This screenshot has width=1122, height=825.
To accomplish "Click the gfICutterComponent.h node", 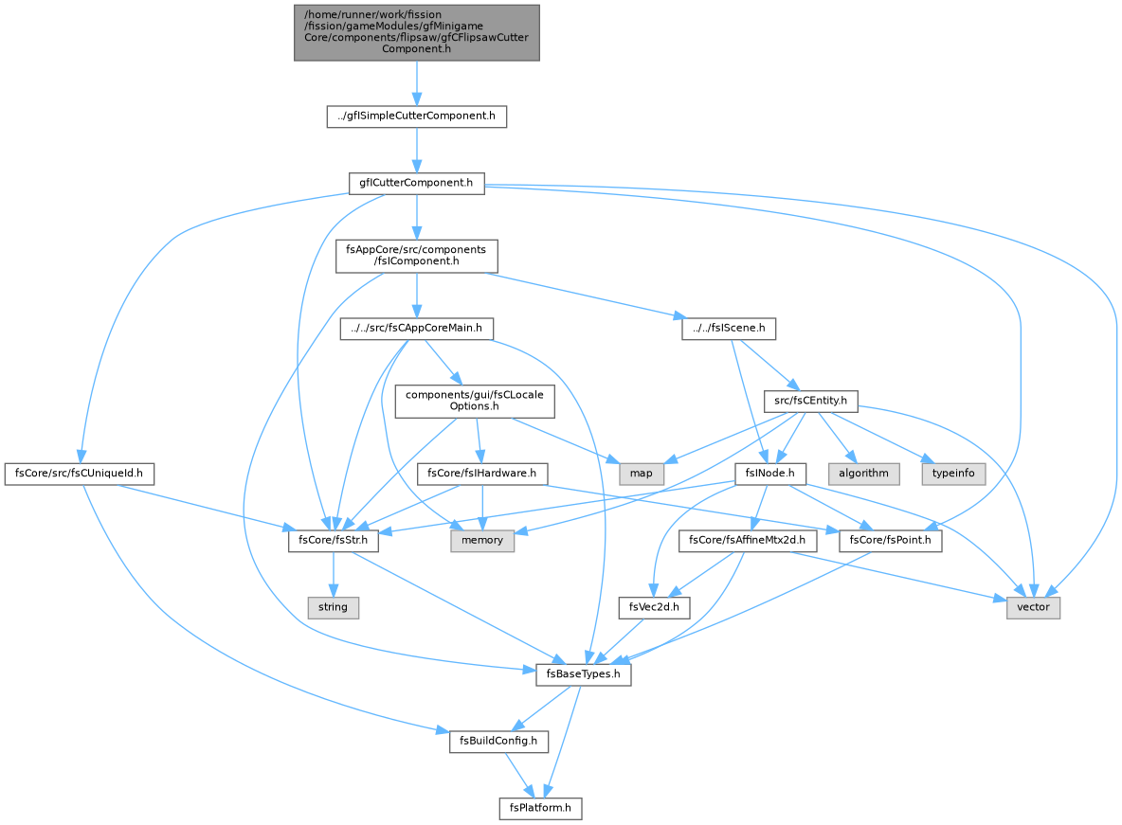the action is [416, 183].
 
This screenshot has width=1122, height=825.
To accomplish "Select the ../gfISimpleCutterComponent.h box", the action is [416, 116].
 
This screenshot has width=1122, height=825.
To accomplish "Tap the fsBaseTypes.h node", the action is [583, 674].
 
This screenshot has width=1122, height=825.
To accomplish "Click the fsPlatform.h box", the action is [540, 808].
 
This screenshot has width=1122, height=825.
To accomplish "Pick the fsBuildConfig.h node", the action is [498, 741].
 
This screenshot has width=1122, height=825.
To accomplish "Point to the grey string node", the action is [333, 607].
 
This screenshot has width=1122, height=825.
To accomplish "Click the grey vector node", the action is [1033, 607].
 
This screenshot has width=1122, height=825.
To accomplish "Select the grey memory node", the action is [482, 540].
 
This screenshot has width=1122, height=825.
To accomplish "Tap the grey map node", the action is [642, 474].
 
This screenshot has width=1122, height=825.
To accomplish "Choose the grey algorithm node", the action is [863, 474].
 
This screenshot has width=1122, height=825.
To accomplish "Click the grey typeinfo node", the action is [953, 474].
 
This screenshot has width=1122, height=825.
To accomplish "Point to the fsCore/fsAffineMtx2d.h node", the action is [747, 540].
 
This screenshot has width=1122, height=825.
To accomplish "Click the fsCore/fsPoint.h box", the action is [890, 540].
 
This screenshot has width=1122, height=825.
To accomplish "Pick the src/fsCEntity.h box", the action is [811, 401].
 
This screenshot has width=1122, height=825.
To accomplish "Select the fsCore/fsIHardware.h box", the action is [481, 474].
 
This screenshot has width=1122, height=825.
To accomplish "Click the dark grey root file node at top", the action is [416, 32].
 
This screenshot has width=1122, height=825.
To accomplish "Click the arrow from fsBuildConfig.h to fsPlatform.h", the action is [519, 774].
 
